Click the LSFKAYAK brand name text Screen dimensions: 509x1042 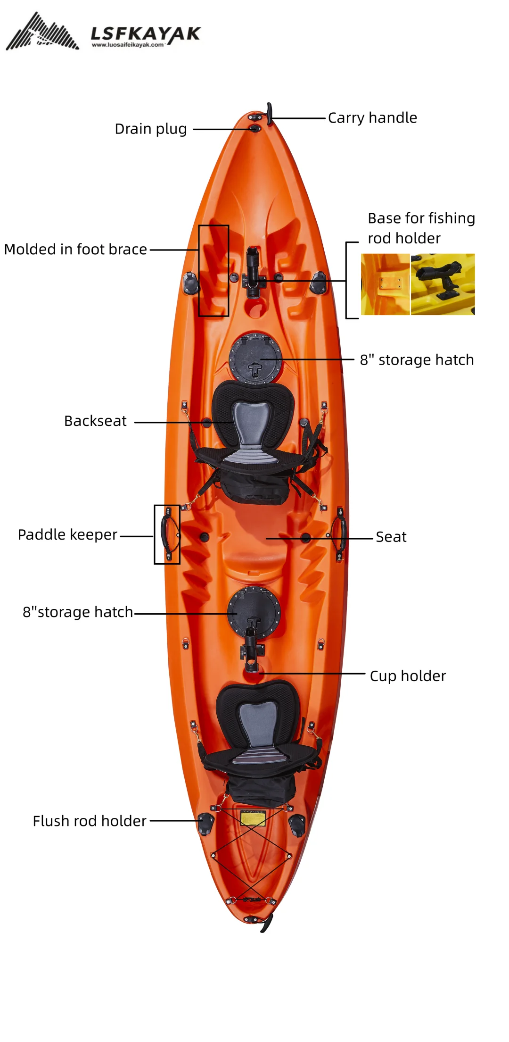pyautogui.click(x=145, y=33)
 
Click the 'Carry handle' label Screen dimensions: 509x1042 pyautogui.click(x=372, y=117)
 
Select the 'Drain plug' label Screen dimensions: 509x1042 pyautogui.click(x=151, y=129)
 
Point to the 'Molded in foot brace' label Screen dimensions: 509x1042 pyautogui.click(x=75, y=249)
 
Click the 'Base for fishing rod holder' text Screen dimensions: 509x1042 pyautogui.click(x=421, y=228)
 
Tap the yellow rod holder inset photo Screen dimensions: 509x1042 pyautogui.click(x=443, y=284)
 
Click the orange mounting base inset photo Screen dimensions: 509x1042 pyautogui.click(x=385, y=284)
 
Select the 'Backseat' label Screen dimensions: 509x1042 pyautogui.click(x=95, y=421)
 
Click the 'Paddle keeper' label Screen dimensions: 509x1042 pyautogui.click(x=67, y=534)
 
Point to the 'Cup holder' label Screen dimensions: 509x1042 pyautogui.click(x=408, y=676)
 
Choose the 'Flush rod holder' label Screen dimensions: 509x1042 pyautogui.click(x=90, y=821)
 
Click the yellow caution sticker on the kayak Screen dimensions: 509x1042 pyautogui.click(x=253, y=817)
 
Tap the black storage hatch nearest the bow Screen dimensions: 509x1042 pyautogui.click(x=255, y=358)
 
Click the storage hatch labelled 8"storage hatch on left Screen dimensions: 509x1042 pyautogui.click(x=254, y=612)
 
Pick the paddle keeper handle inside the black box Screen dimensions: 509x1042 pyautogui.click(x=167, y=534)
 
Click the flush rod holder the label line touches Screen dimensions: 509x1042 pyautogui.click(x=206, y=824)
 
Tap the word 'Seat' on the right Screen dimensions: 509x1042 pyautogui.click(x=391, y=537)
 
